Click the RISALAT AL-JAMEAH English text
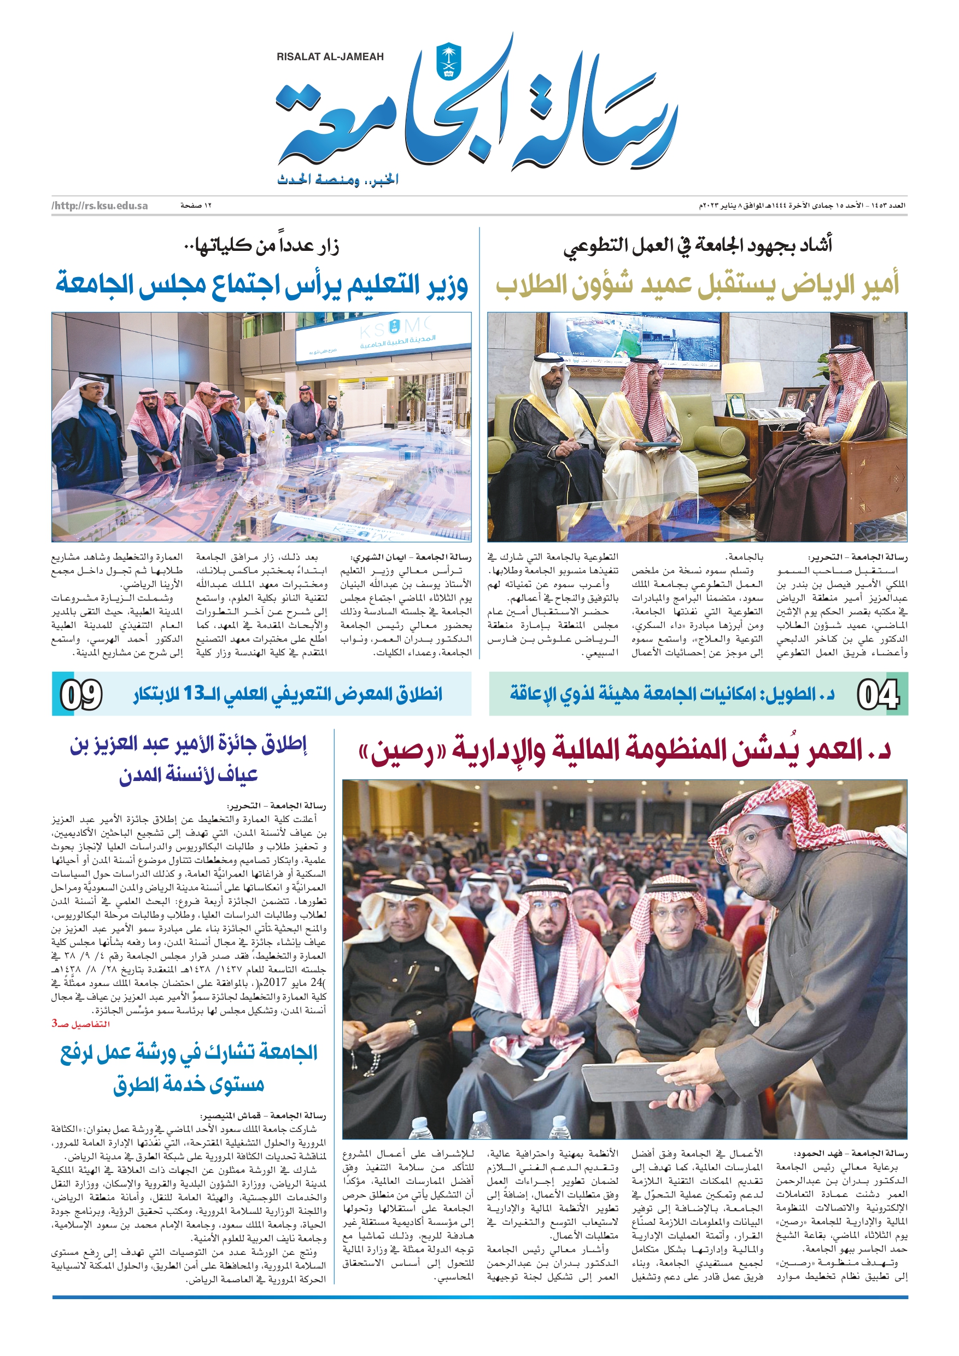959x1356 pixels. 330,57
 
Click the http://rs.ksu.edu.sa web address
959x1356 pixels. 100,206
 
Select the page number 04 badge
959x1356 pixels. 878,694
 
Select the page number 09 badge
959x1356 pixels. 81,694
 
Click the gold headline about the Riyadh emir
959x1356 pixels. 697,285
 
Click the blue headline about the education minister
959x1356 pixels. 262,285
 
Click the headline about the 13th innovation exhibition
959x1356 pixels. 288,694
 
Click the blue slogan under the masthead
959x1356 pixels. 337,179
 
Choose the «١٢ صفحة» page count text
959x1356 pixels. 196,206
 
